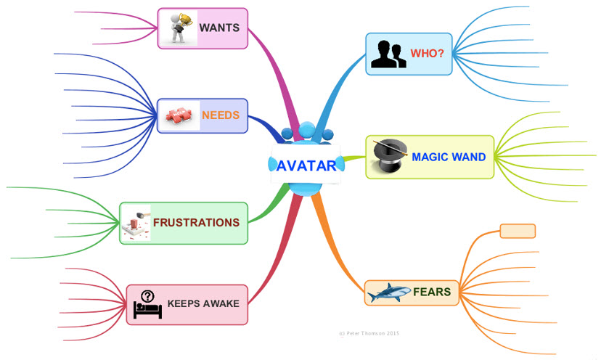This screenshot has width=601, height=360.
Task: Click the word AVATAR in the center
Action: (x=306, y=165)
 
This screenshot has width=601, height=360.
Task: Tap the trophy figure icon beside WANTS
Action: (x=178, y=28)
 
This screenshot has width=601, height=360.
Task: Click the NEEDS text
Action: (x=221, y=115)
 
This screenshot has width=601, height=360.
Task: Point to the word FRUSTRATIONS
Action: (x=196, y=222)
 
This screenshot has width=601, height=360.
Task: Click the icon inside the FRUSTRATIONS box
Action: (x=136, y=223)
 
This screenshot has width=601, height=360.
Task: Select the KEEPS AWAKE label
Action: (x=203, y=303)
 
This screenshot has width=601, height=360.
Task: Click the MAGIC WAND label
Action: (x=449, y=157)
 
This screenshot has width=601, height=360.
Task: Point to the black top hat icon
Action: (x=386, y=156)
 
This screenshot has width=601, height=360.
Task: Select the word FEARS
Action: (x=432, y=292)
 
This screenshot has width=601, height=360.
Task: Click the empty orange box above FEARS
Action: (x=518, y=231)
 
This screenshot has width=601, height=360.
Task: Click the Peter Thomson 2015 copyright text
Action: (x=369, y=334)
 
